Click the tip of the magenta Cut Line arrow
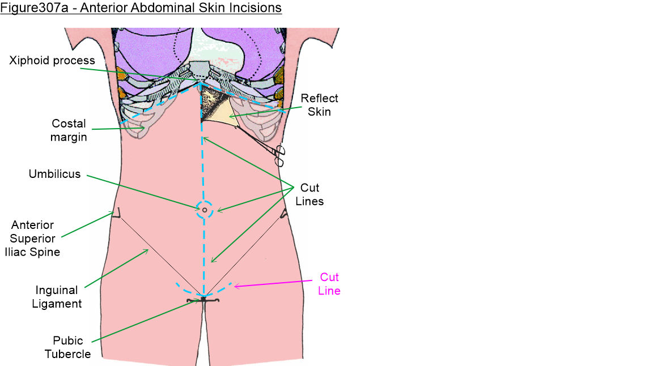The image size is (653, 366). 235,286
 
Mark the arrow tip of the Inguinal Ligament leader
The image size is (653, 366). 149,249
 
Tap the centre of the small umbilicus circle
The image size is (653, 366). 205,210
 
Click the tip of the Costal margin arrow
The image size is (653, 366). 145,128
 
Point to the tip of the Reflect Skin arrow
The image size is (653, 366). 228,117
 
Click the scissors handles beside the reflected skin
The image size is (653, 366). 279,155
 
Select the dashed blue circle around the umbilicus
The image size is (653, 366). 205,210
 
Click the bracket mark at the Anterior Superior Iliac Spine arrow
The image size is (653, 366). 117,213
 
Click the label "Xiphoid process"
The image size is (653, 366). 52,61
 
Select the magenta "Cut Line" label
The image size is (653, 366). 329,284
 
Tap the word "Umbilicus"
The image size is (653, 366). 54,174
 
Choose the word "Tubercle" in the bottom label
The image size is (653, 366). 68,354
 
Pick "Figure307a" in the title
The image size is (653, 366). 34,8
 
